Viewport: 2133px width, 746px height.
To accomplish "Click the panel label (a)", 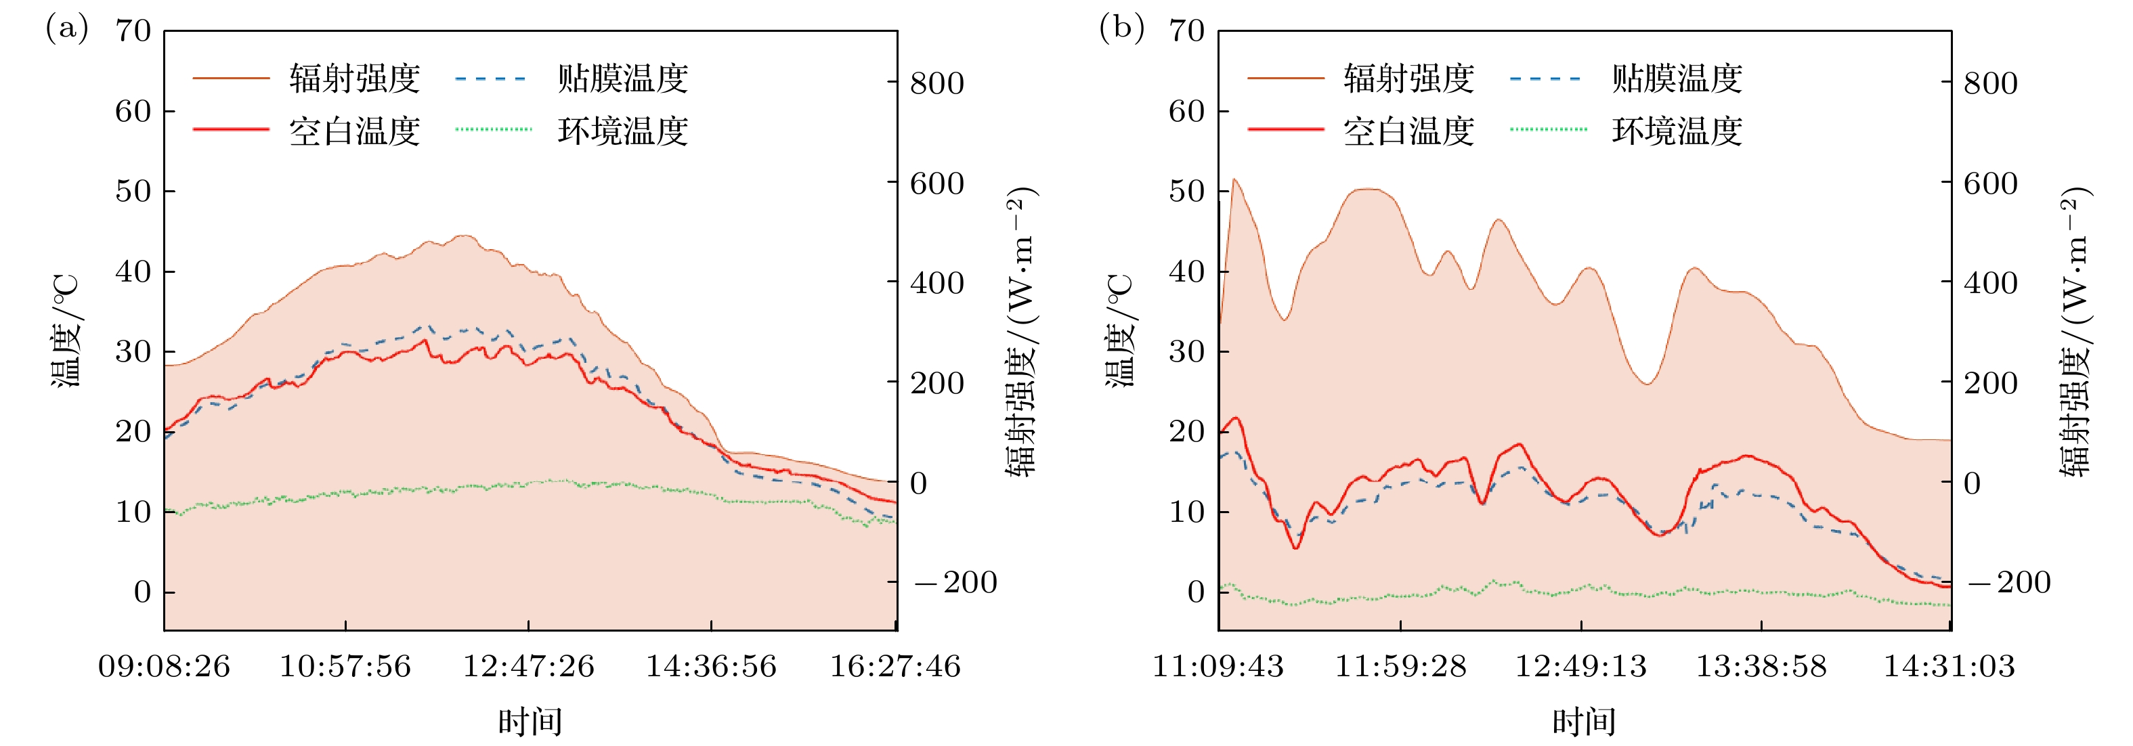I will coord(66,28).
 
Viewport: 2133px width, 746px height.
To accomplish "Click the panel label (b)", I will coord(1121,28).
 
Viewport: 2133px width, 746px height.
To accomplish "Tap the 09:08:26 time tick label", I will coord(164,667).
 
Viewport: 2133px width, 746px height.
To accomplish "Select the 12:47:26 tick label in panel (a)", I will coord(528,667).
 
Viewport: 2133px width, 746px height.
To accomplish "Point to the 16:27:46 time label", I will coord(895,667).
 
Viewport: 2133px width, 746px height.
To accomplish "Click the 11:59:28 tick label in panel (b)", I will coord(1400,667).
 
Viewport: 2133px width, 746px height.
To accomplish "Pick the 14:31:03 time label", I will coord(1949,667).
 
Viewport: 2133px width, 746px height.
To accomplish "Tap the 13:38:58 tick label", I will coord(1761,667).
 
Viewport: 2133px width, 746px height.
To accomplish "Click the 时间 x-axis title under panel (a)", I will coord(530,722).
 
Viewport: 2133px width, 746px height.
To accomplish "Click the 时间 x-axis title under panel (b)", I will coord(1584,722).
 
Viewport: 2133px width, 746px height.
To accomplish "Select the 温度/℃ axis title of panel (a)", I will coord(66,331).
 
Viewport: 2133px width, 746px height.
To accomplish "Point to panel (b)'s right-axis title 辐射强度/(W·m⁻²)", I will coord(2077,331).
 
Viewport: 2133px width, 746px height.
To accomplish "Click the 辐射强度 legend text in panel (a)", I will coord(354,79).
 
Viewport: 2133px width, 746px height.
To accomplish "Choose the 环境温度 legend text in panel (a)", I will coord(623,131).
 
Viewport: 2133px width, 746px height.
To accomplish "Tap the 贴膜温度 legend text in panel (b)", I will coord(1677,79).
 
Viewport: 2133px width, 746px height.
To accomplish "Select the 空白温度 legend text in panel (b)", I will coord(1408,131).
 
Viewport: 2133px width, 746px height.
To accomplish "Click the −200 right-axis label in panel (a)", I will coord(955,582).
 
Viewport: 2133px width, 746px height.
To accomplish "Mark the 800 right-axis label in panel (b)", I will coord(1991,84).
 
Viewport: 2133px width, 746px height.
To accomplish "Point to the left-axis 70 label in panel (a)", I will coord(133,31).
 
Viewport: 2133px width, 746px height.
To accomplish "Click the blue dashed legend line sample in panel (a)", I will coord(491,79).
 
